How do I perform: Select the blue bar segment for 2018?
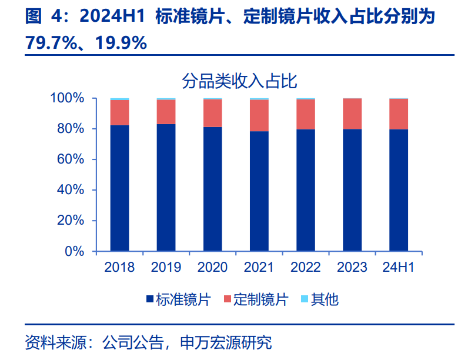[119, 188]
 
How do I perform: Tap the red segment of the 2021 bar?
[259, 115]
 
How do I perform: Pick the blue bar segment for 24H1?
[399, 190]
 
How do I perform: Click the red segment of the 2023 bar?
[352, 114]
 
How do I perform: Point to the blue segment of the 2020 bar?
[212, 189]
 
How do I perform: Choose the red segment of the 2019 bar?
[166, 112]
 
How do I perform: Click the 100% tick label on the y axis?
[68, 98]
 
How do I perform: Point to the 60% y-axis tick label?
[72, 159]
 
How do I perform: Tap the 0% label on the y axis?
[75, 251]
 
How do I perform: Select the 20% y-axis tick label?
[72, 221]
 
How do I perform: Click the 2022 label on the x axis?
[306, 268]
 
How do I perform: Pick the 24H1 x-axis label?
[399, 268]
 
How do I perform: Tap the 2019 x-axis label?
[166, 268]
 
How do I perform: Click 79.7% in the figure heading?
[48, 42]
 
